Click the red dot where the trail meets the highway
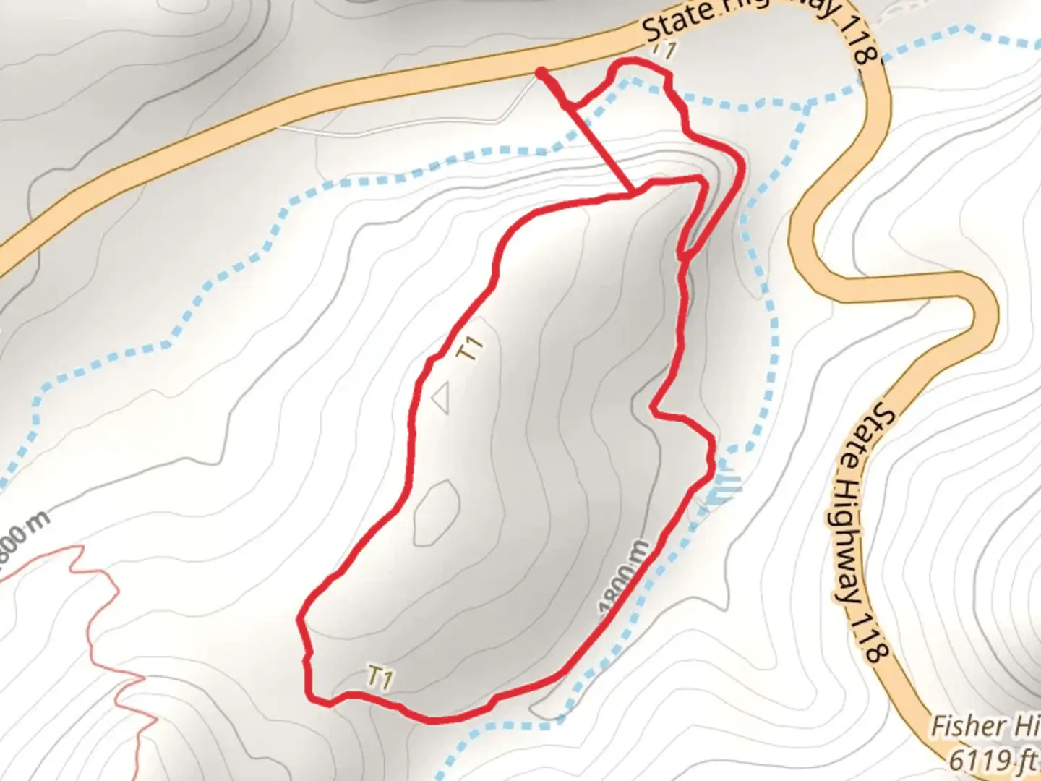(x=541, y=72)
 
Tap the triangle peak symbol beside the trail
(x=442, y=398)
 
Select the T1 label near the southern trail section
(x=380, y=678)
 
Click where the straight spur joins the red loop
(x=633, y=193)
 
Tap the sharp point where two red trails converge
(x=681, y=257)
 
